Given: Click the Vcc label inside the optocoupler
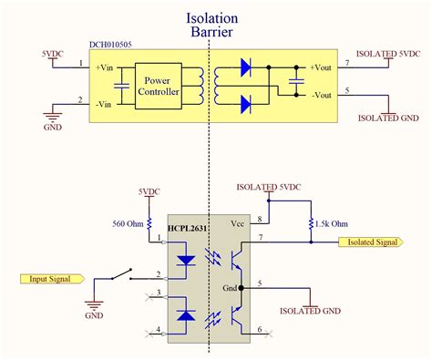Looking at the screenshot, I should click(x=236, y=223).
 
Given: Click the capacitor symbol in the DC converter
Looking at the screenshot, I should click(x=296, y=81).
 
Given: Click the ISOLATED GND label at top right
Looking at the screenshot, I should click(x=388, y=118).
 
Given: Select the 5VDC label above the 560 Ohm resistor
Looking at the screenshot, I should click(x=148, y=191).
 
